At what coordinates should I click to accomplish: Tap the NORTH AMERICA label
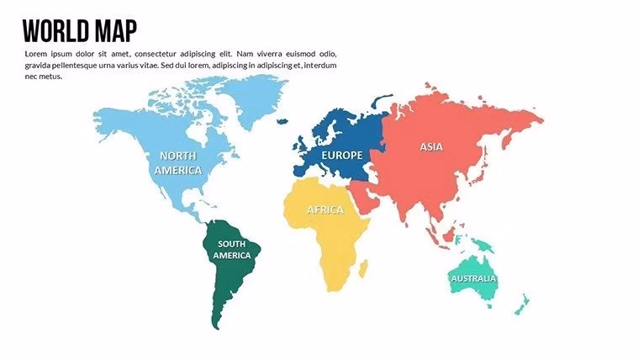178,162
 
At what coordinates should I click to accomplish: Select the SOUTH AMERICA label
231,249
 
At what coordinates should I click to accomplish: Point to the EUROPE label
341,155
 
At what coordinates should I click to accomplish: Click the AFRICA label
325,209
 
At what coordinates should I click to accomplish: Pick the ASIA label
430,146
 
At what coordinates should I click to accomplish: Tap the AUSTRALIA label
473,278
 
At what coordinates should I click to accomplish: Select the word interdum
319,65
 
